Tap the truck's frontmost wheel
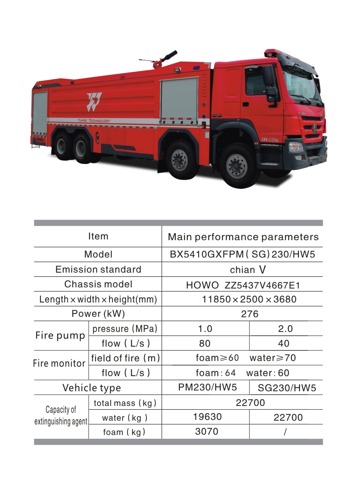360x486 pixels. pyautogui.click(x=237, y=165)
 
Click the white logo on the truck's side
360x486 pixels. pyautogui.click(x=94, y=102)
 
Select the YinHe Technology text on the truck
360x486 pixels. pyautogui.click(x=94, y=120)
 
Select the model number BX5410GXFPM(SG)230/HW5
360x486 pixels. pyautogui.click(x=242, y=254)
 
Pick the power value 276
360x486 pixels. pyautogui.click(x=249, y=314)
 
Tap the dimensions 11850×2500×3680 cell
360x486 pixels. pyautogui.click(x=249, y=299)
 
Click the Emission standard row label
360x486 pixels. pyautogui.click(x=98, y=269)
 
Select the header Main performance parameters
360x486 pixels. pyautogui.click(x=243, y=237)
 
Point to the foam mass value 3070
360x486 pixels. pyautogui.click(x=206, y=432)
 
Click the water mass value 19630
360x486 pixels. pyautogui.click(x=207, y=417)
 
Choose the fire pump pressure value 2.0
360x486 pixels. pyautogui.click(x=285, y=329)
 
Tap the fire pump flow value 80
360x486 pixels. pyautogui.click(x=205, y=343)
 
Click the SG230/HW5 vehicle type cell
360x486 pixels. pyautogui.click(x=287, y=388)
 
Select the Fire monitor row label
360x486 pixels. pyautogui.click(x=59, y=363)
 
